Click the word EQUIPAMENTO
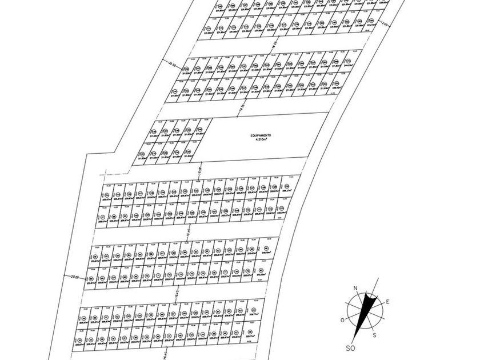point(260,135)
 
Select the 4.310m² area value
point(260,140)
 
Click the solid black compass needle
point(368,311)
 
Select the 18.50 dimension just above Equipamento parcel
point(242,107)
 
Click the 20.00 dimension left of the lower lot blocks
point(73,277)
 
